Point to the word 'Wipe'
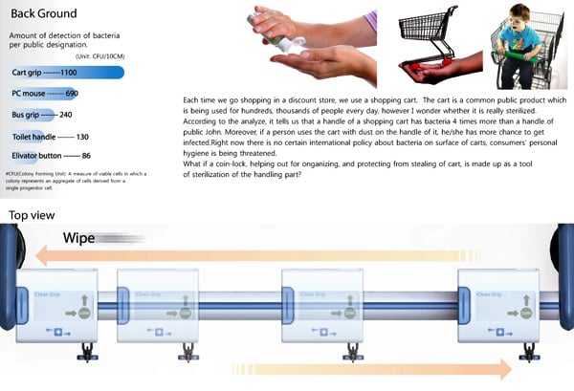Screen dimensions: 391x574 84,238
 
